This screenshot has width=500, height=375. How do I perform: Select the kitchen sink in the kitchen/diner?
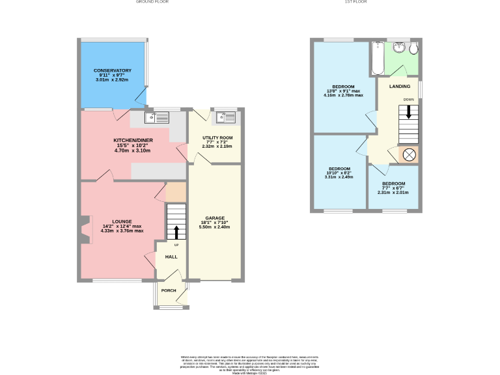coord(157,117)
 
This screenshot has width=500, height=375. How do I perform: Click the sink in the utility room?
coord(227,117)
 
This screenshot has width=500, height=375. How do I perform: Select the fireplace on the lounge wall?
coord(85,230)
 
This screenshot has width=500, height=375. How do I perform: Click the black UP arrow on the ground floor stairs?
coord(176,233)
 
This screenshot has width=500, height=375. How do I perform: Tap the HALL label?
coord(171,257)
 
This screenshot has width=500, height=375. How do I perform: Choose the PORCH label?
coord(169,290)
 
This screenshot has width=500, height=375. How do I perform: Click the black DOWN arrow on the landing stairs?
coord(408,111)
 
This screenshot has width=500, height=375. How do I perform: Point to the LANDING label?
coord(400,86)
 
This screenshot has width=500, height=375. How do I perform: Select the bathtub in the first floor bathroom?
coord(377,59)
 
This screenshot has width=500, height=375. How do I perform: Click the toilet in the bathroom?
coord(413,49)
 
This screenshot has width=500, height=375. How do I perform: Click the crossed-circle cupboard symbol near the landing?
coord(410,155)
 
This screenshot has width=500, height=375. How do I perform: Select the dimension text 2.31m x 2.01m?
coord(393,192)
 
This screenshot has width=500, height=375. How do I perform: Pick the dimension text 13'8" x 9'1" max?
coord(343,91)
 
